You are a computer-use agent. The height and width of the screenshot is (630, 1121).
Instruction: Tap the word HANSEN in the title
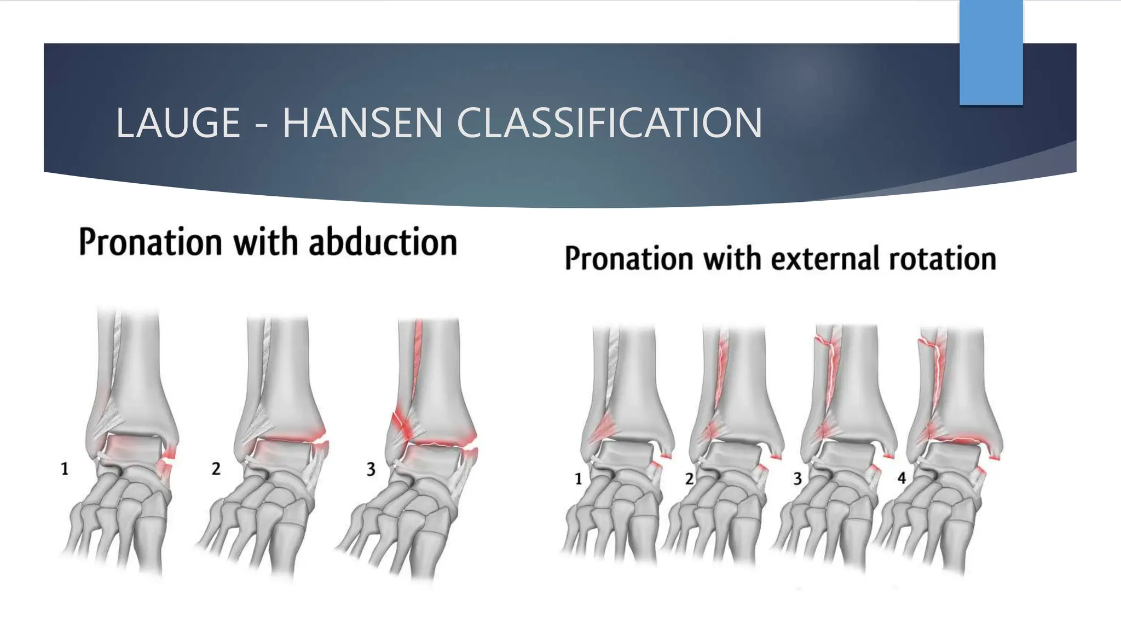(x=362, y=122)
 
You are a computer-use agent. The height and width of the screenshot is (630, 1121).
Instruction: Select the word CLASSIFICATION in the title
(x=609, y=122)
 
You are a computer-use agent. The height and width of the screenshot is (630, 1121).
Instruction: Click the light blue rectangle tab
(x=991, y=52)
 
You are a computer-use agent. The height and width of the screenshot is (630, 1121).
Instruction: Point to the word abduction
(x=383, y=242)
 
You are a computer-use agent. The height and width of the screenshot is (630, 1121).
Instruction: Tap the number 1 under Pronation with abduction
(x=65, y=469)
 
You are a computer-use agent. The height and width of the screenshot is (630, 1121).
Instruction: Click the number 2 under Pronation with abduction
(x=216, y=469)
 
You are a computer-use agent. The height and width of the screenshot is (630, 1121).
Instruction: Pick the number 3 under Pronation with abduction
(x=371, y=469)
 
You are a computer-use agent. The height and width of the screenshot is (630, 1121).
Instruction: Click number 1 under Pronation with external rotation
(x=578, y=479)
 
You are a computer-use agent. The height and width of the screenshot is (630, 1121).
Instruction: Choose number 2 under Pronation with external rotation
(x=689, y=479)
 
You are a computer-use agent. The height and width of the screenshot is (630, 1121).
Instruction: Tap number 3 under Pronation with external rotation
(x=798, y=479)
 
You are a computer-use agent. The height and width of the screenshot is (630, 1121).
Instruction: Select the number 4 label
(x=902, y=478)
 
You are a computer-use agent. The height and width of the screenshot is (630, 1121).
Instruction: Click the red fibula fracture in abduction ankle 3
(x=399, y=423)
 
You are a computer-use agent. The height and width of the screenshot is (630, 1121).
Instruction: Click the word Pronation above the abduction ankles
(x=150, y=242)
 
